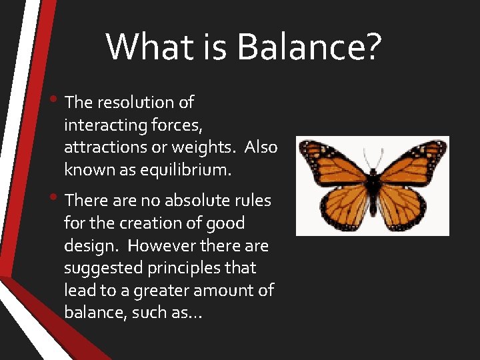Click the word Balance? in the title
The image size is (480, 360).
point(309,47)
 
